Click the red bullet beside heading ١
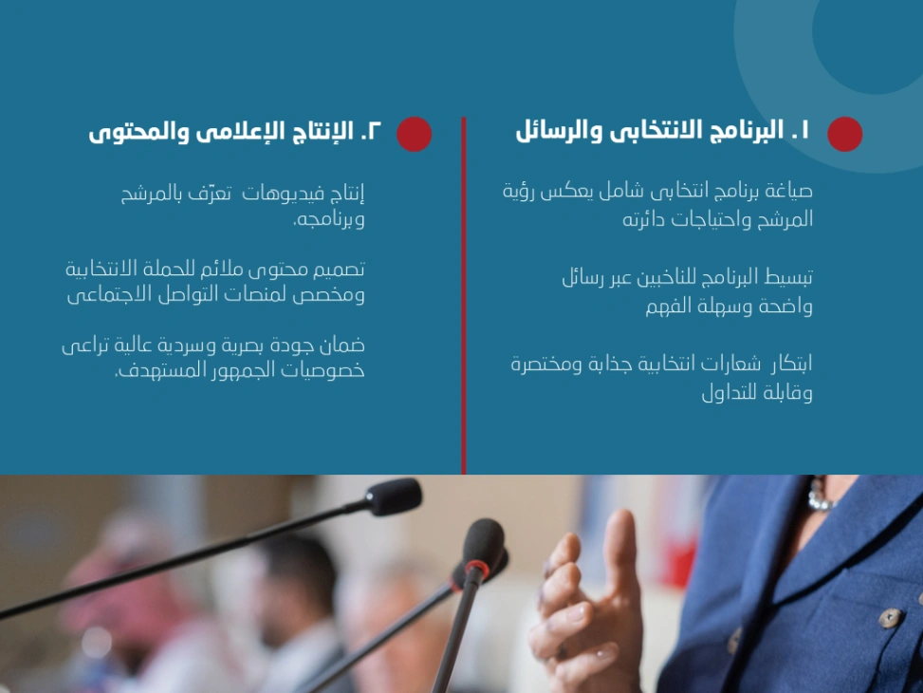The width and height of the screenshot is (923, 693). tap(844, 134)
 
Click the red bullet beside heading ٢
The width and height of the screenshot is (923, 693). tap(414, 134)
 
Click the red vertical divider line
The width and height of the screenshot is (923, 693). tap(464, 294)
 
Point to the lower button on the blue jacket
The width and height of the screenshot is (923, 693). tap(890, 618)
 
